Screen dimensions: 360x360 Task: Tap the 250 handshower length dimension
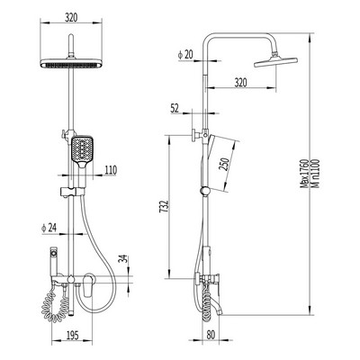(x=225, y=164)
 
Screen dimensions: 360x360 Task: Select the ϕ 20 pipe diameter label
(x=185, y=55)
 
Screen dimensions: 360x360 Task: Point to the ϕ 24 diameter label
(x=49, y=229)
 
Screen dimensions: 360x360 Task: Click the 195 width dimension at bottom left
(x=71, y=335)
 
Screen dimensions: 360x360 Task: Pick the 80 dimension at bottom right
(x=211, y=335)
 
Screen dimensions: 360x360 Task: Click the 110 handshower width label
(x=111, y=170)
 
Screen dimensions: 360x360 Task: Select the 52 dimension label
(x=175, y=108)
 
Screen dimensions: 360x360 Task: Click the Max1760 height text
(x=305, y=174)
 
